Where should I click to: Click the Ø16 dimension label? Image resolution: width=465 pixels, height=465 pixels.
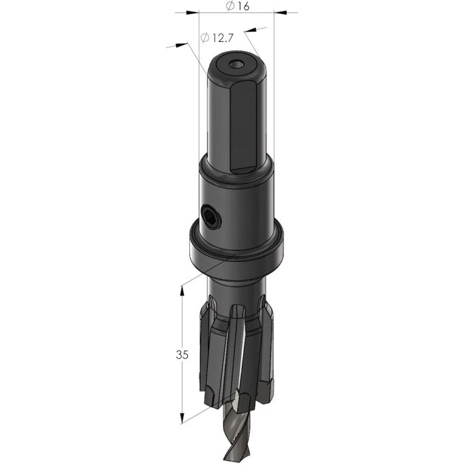click(x=238, y=6)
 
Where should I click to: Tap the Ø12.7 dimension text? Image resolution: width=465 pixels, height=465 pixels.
click(x=217, y=38)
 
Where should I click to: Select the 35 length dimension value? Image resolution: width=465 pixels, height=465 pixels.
click(x=182, y=354)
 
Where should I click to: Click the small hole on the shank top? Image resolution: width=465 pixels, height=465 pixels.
click(x=236, y=64)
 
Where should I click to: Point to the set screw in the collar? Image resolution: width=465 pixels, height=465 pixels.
click(x=211, y=218)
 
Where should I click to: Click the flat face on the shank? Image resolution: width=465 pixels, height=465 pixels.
click(x=243, y=128)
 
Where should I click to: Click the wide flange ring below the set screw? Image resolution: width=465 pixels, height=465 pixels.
click(x=236, y=252)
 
